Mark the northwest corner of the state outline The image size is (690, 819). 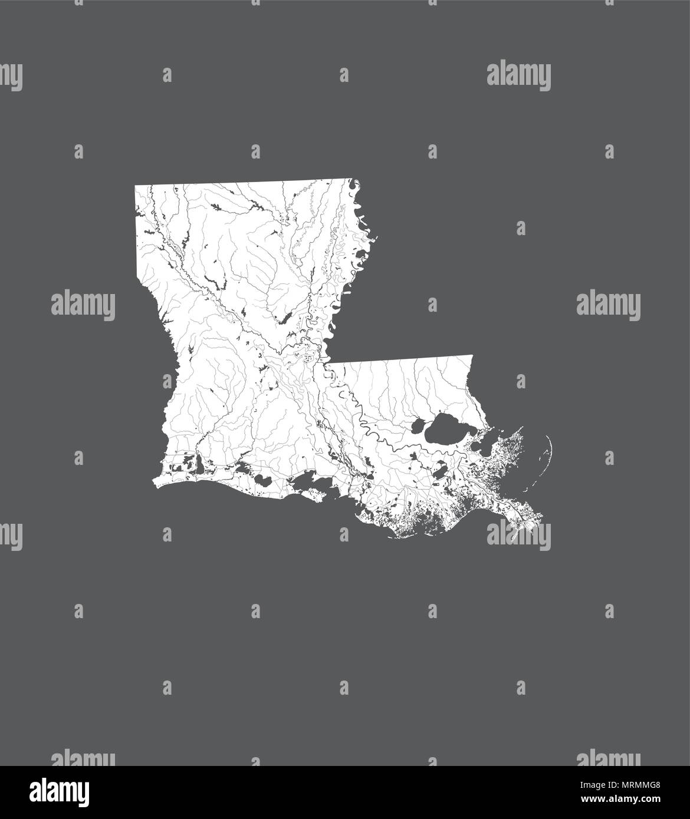[x=136, y=186]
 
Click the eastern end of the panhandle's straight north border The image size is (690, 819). [x=472, y=355]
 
